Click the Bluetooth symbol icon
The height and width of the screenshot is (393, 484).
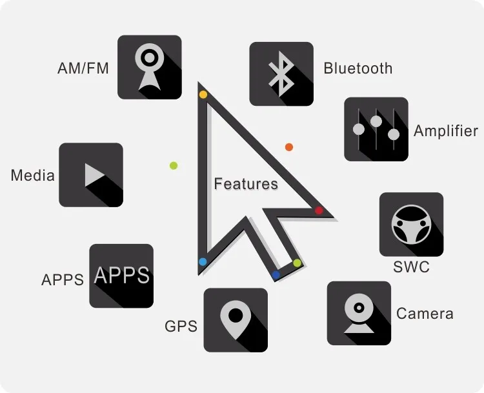point(281,74)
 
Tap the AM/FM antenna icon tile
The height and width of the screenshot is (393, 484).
point(149,67)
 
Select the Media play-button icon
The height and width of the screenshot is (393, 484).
point(91,175)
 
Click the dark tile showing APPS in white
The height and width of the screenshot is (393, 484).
point(121,276)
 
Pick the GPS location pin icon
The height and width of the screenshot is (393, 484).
point(236,320)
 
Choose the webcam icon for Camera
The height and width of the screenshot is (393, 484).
point(359,313)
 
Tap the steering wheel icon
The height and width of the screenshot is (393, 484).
point(411,225)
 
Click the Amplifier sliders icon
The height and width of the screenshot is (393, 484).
point(376,128)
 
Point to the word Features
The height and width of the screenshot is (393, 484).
point(246,184)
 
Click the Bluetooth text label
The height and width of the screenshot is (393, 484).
point(358,68)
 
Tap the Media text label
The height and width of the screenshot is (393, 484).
point(33,175)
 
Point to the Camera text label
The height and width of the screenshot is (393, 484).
point(425,314)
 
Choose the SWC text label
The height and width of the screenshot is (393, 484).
point(411,267)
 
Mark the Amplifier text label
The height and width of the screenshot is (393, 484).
point(445,131)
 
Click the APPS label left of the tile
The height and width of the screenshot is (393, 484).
point(63,280)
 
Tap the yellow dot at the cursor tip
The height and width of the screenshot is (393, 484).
point(203,95)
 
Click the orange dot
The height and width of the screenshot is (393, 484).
point(289,147)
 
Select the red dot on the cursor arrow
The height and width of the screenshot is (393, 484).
point(319,210)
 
